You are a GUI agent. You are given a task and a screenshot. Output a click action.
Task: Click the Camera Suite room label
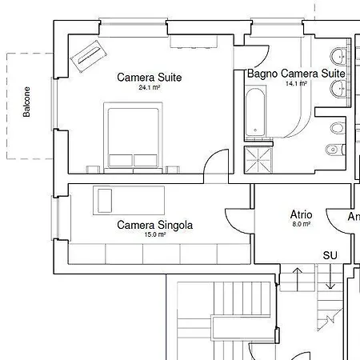pyautogui.click(x=149, y=78)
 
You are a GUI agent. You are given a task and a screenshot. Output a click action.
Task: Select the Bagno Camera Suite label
pyautogui.click(x=296, y=73)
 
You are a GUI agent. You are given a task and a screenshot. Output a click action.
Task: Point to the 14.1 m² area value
pyautogui.click(x=296, y=82)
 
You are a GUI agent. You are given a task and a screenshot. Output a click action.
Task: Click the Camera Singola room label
pyautogui.click(x=154, y=225)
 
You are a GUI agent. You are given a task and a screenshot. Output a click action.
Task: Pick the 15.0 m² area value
pyautogui.click(x=154, y=234)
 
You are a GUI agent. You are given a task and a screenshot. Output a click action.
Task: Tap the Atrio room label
pyautogui.click(x=301, y=214)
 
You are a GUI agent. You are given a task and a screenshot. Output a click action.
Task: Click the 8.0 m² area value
pyautogui.click(x=301, y=224)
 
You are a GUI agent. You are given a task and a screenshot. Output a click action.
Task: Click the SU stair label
pyautogui.click(x=330, y=255)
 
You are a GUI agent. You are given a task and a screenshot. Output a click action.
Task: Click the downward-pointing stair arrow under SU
pyautogui.click(x=330, y=278)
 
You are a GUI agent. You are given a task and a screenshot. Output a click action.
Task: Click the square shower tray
pyautogui.click(x=258, y=158)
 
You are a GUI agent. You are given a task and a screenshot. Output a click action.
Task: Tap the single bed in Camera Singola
pyautogui.click(x=128, y=199)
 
